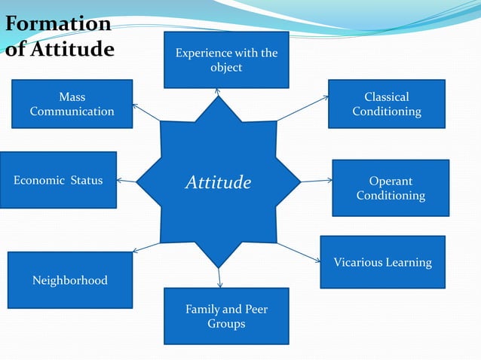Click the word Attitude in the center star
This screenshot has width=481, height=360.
pos(218,182)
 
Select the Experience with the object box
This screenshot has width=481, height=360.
pos(226,59)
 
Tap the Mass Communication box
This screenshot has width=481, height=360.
pos(72,104)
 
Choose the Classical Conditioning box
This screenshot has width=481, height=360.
pos(386,104)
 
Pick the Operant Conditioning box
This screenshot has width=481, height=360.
pos(391,188)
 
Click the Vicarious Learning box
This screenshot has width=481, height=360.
pos(382,262)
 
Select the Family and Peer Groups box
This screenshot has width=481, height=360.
pos(226,316)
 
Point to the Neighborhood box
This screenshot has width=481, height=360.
pos(69,280)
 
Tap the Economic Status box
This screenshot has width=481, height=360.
pos(58,180)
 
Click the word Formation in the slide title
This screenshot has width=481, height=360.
pos(57,24)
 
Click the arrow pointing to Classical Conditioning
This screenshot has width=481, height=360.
pos(302,108)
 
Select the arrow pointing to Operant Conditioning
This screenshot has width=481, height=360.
pos(317,181)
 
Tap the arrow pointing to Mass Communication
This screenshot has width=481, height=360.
pos(146,112)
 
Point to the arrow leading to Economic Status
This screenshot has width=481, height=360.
pos(127,181)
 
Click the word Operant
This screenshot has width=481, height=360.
pos(391,182)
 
